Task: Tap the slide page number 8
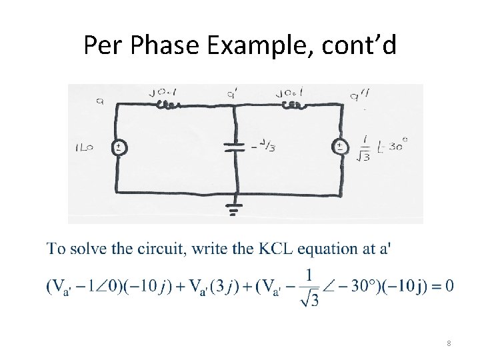449,343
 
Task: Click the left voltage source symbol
117,147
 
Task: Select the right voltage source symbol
340,147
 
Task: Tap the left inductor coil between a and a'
167,105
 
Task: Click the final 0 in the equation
449,286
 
